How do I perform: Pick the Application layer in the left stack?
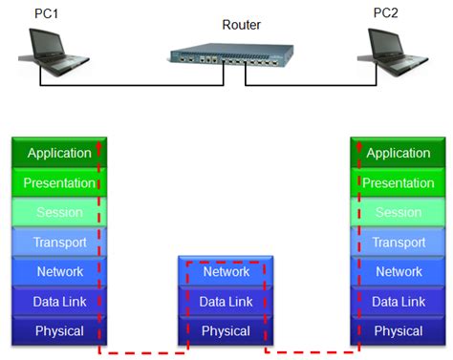(59, 153)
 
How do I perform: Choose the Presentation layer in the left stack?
(59, 182)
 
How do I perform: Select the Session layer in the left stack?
(59, 212)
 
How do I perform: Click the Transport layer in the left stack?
(59, 242)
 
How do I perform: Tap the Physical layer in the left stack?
(59, 331)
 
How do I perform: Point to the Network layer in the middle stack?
(226, 272)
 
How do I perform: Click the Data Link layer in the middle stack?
(226, 302)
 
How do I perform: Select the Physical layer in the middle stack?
(226, 331)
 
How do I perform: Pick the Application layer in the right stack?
(398, 153)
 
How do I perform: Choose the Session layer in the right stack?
(398, 212)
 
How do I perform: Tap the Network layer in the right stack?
(398, 271)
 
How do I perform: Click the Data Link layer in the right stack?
(398, 302)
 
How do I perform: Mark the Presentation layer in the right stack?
(398, 182)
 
